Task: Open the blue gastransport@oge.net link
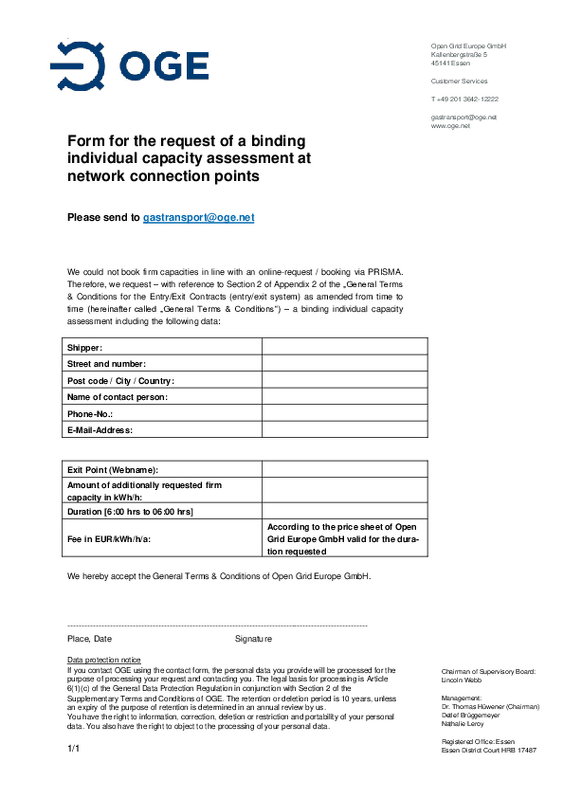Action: (x=198, y=217)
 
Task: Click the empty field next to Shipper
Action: (x=344, y=347)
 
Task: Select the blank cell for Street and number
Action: (x=344, y=363)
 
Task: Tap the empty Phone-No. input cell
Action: (x=344, y=413)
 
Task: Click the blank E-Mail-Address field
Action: (x=344, y=430)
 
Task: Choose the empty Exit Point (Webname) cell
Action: (x=344, y=469)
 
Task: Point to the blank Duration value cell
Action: (x=344, y=511)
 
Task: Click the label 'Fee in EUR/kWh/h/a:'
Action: (x=109, y=539)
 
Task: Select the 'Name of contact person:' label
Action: (x=117, y=397)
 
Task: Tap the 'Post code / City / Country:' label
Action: (x=121, y=381)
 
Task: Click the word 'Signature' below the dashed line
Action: (x=253, y=639)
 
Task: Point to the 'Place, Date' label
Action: (x=89, y=639)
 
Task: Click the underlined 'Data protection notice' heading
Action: (x=104, y=660)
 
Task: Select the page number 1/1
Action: (x=73, y=749)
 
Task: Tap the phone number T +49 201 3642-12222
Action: (x=465, y=99)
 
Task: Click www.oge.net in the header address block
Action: (x=450, y=126)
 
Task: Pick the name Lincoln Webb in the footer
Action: (x=461, y=680)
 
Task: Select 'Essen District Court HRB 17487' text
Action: (x=489, y=750)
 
